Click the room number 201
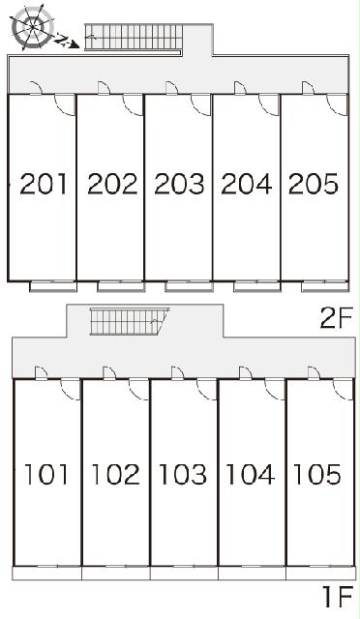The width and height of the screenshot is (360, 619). tap(44, 184)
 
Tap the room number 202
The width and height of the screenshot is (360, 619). tap(112, 184)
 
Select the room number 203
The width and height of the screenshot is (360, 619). tap(179, 184)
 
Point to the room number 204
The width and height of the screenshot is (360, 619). tap(247, 184)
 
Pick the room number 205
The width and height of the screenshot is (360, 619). tap(314, 184)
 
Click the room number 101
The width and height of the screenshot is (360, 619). tap(46, 474)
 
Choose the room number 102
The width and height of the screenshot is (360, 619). tap(116, 474)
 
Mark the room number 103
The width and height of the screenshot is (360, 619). tap(183, 474)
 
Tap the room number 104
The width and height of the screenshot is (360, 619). tap(251, 474)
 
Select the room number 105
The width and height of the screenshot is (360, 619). tap(317, 474)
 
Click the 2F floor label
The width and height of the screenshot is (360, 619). tap(336, 318)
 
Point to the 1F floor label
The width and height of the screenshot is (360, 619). tap(337, 597)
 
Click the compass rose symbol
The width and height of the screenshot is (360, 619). tap(33, 27)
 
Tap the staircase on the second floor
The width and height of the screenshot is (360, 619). tap(135, 37)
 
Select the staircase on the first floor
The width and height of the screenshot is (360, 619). tap(130, 321)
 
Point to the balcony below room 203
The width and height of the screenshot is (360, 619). tap(189, 286)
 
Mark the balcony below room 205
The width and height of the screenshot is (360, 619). tap(325, 286)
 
